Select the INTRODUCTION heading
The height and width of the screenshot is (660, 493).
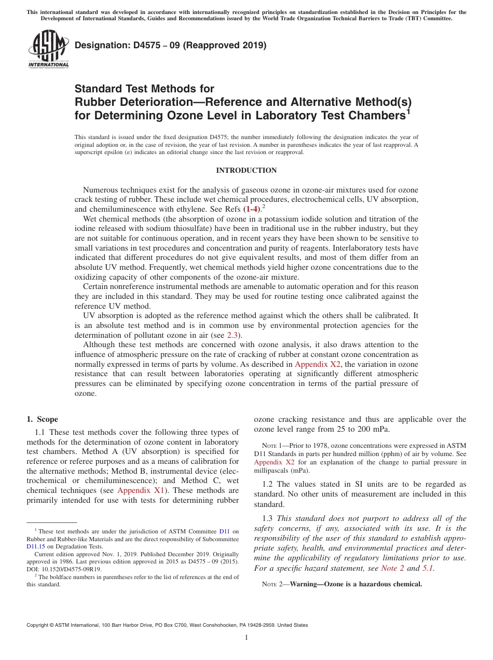tap(246, 171)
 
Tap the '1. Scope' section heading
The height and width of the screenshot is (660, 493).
tap(43, 419)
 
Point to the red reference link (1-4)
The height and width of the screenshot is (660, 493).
tap(251, 209)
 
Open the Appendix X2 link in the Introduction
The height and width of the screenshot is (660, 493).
tap(317, 364)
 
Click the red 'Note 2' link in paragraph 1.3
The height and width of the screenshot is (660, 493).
tap(392, 568)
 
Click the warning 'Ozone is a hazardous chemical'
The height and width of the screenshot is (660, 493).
tap(356, 584)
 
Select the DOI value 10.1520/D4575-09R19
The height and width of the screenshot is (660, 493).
tap(67, 569)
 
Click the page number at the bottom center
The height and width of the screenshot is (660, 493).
tap(246, 638)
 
